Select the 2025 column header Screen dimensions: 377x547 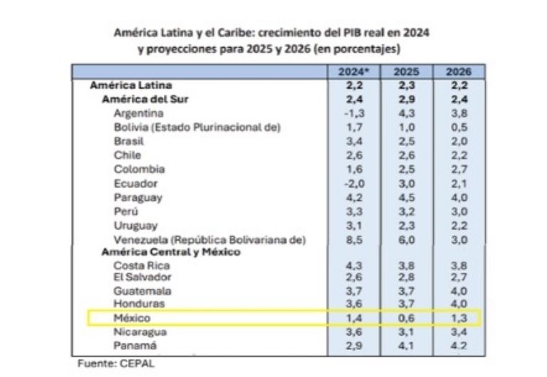402,71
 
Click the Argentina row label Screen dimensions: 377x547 139,113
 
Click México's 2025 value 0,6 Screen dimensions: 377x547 402,317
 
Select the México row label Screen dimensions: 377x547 132,317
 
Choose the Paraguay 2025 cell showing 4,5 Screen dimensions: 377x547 402,197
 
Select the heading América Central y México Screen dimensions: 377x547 171,252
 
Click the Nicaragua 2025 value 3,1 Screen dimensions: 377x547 402,331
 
